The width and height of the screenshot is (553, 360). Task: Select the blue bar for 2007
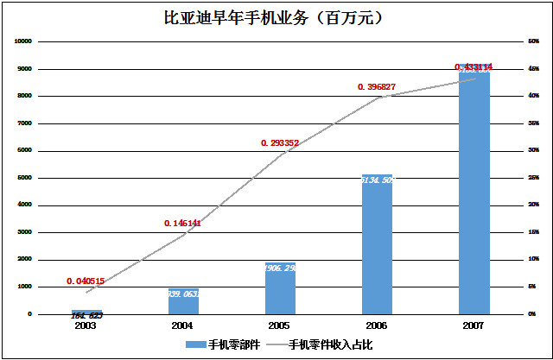[x=474, y=190]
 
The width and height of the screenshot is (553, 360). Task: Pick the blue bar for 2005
[x=280, y=288]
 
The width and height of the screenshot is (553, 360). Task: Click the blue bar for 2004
[x=183, y=301]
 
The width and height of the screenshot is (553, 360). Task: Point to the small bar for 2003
[x=86, y=312]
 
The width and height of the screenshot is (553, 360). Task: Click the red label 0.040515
[x=86, y=281]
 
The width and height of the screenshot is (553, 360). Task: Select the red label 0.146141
[x=182, y=223]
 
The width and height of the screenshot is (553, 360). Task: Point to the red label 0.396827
[x=376, y=86]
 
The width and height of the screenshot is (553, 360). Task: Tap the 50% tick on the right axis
[x=533, y=41]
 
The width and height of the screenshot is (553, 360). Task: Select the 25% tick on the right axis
[x=533, y=178]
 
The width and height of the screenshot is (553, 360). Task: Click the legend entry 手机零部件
[x=216, y=344]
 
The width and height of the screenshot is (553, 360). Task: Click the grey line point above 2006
[x=377, y=98]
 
